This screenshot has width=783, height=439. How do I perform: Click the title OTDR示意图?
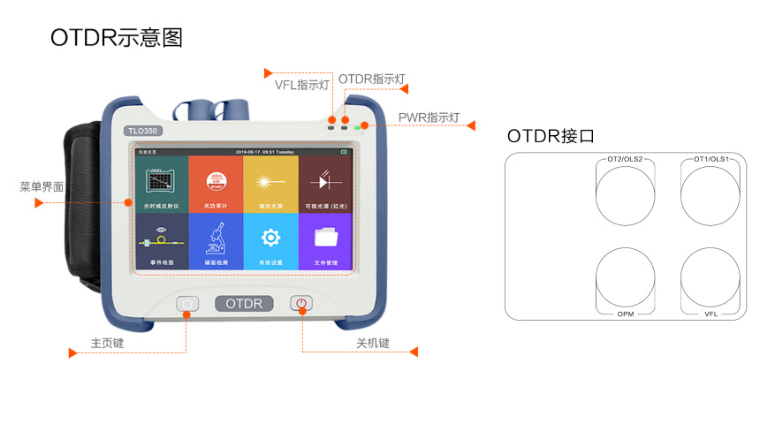[116, 38]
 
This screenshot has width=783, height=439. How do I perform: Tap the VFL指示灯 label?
[302, 86]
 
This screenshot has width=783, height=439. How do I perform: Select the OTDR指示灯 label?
[371, 79]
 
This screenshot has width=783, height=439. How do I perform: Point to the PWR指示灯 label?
[430, 117]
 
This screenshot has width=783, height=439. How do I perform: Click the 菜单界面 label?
[42, 187]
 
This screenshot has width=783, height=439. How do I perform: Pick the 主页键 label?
[108, 343]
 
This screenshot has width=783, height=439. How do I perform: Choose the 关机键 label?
[373, 343]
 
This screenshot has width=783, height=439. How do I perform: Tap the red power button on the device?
[301, 304]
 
